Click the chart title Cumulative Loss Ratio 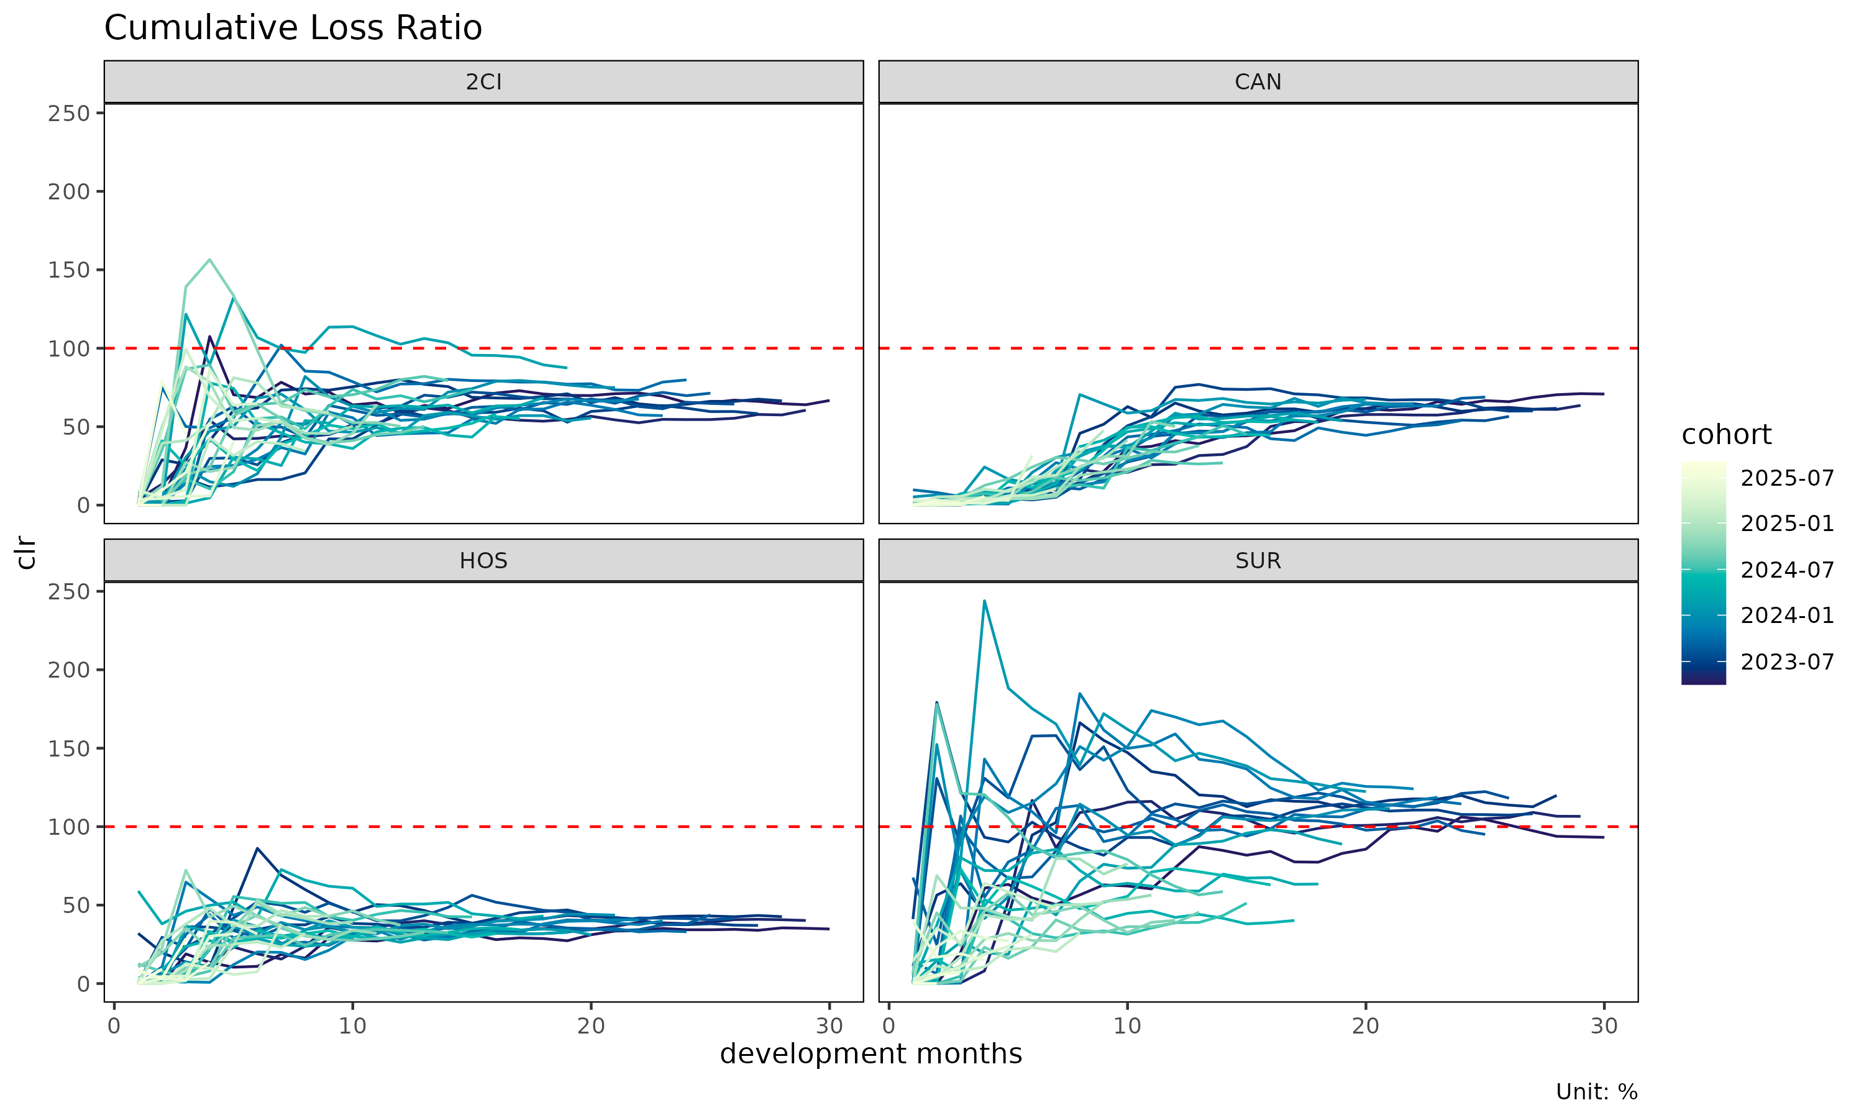293,29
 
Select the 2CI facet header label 483,81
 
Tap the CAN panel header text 1258,81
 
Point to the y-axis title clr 25,552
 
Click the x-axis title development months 871,1054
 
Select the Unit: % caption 1597,1092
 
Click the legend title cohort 1727,435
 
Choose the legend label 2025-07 1787,478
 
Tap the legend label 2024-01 1787,616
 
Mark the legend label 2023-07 1787,662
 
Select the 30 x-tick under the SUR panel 1604,1026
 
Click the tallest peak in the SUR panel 984,601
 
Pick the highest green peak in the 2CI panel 209,260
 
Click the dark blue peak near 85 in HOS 258,848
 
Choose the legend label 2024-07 1787,570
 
